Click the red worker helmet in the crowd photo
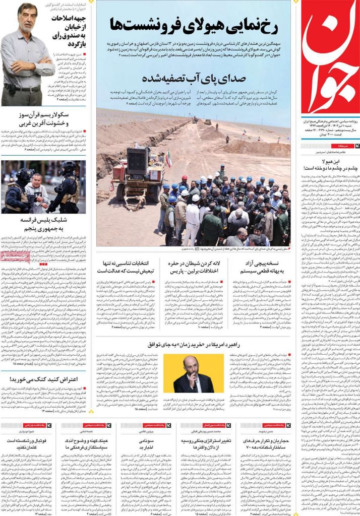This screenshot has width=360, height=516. point(184,178)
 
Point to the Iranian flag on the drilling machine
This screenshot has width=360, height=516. point(168,160)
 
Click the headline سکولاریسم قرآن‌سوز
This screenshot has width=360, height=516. point(43,118)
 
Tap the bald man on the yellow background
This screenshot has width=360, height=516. point(193,373)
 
